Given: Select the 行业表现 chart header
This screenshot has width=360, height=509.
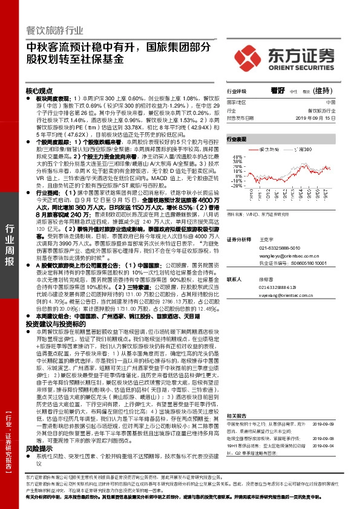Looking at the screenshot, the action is (237, 139).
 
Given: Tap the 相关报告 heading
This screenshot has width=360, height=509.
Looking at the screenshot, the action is (236, 399).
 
